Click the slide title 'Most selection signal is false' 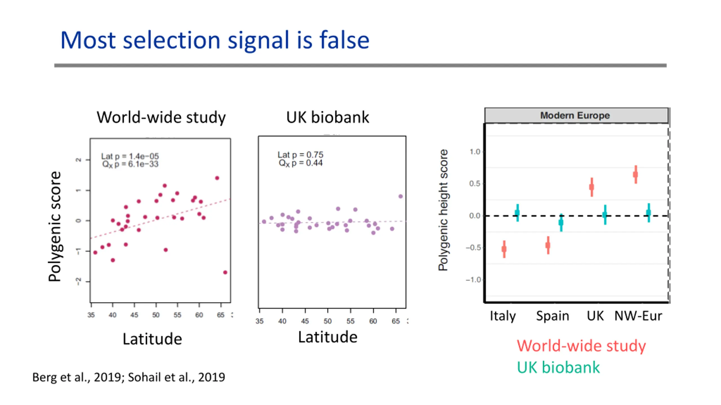click(x=215, y=40)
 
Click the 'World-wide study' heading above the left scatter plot click(x=161, y=117)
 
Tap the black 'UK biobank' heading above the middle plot click(x=328, y=117)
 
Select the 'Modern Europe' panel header click(x=575, y=115)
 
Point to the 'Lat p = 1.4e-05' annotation click(x=130, y=156)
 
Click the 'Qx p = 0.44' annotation click(x=301, y=163)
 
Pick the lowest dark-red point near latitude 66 click(x=225, y=272)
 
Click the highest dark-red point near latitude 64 click(x=217, y=178)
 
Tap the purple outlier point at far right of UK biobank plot click(x=400, y=196)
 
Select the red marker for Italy click(x=504, y=249)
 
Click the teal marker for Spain click(x=561, y=223)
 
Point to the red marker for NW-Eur click(x=636, y=175)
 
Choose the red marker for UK click(x=592, y=187)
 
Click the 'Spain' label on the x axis click(x=552, y=316)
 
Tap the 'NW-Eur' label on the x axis click(x=638, y=316)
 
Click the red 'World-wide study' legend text click(x=581, y=346)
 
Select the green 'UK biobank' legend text click(x=558, y=367)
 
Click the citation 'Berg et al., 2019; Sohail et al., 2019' click(x=129, y=377)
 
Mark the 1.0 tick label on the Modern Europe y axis click(x=475, y=152)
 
